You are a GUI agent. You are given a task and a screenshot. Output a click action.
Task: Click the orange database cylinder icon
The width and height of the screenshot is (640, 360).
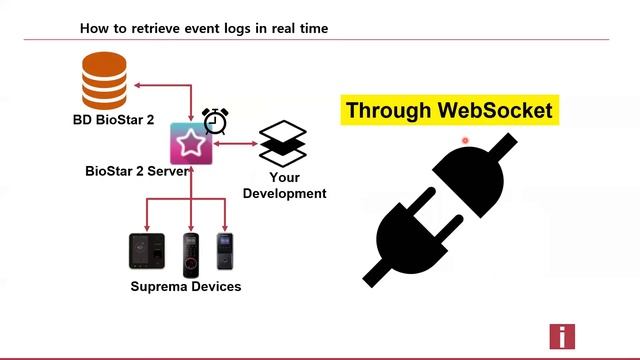pos(106,83)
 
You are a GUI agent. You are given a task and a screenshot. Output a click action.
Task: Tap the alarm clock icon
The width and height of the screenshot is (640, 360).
pos(215,120)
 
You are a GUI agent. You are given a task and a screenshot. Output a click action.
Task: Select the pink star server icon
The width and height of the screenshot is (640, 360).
pos(190,145)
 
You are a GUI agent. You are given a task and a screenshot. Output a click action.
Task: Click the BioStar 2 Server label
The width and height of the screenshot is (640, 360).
pos(138,171)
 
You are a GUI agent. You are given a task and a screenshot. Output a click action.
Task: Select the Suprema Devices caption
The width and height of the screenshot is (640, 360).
pos(186,287)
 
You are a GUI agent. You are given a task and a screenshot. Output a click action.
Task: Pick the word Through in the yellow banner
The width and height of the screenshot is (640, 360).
pos(389,110)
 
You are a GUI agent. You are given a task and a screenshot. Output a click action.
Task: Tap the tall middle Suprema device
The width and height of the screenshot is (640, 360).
pos(190,254)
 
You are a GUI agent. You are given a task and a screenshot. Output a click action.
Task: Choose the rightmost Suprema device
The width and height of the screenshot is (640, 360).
pos(226,252)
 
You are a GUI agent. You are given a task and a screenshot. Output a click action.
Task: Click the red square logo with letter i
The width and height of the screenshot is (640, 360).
pos(562,337)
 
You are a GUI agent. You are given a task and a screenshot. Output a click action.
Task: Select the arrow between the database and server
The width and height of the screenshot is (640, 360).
pos(164,90)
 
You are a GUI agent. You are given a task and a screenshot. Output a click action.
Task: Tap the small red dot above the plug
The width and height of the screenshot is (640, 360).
pos(465,141)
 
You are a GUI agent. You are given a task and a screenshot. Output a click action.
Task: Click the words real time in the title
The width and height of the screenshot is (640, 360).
pos(294,28)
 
